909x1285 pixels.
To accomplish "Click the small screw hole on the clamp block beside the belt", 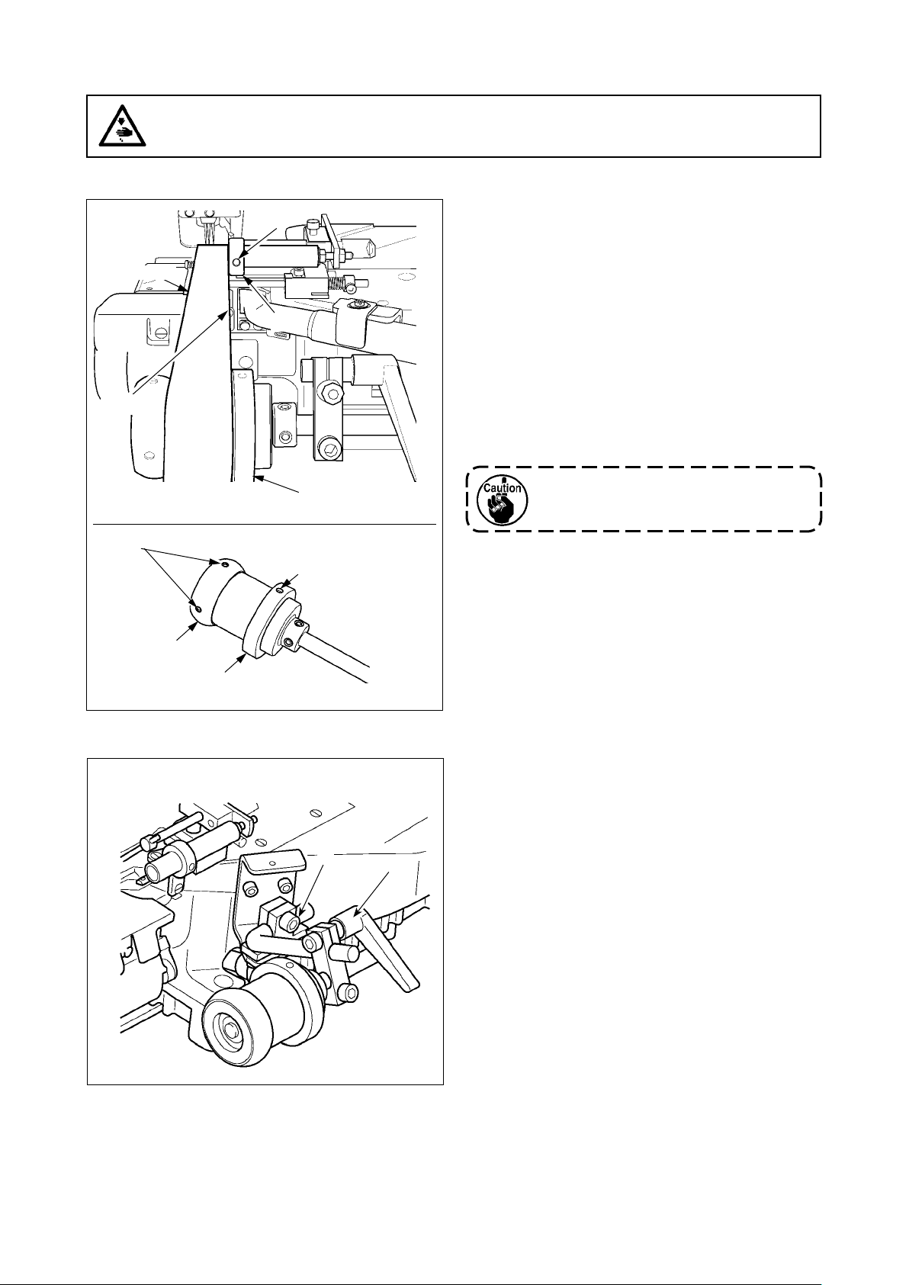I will click(285, 437).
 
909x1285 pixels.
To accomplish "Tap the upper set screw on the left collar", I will click(224, 564).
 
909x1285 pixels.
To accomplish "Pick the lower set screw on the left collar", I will click(198, 609).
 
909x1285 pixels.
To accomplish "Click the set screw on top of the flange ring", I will click(281, 589).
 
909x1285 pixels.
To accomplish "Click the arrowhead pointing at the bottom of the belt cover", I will click(258, 479).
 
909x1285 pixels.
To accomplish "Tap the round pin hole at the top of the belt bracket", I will click(238, 261).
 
